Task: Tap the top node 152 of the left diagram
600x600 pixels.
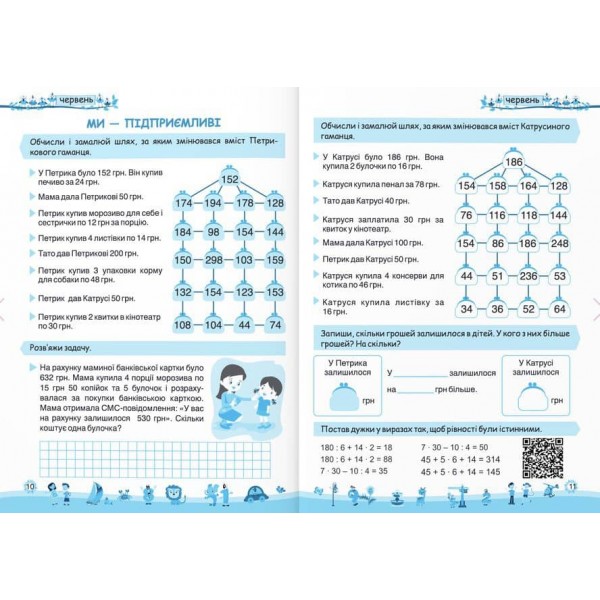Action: [229, 179]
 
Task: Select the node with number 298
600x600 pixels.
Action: [213, 260]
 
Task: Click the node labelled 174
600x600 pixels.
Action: [183, 203]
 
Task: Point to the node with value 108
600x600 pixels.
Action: [183, 325]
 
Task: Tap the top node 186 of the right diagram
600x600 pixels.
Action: [513, 162]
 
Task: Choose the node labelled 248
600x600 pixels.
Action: [559, 243]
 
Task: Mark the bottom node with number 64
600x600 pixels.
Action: [559, 309]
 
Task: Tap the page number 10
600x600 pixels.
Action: [30, 485]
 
